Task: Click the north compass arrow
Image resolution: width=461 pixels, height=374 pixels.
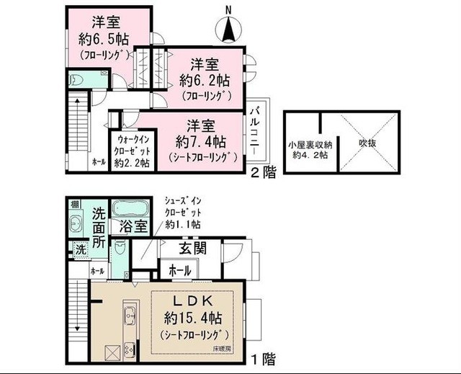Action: [x=229, y=28]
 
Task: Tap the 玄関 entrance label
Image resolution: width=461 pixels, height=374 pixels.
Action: [x=194, y=249]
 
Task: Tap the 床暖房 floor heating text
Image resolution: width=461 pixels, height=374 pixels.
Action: [x=222, y=349]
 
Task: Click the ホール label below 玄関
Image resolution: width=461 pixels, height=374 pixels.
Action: [x=179, y=271]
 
